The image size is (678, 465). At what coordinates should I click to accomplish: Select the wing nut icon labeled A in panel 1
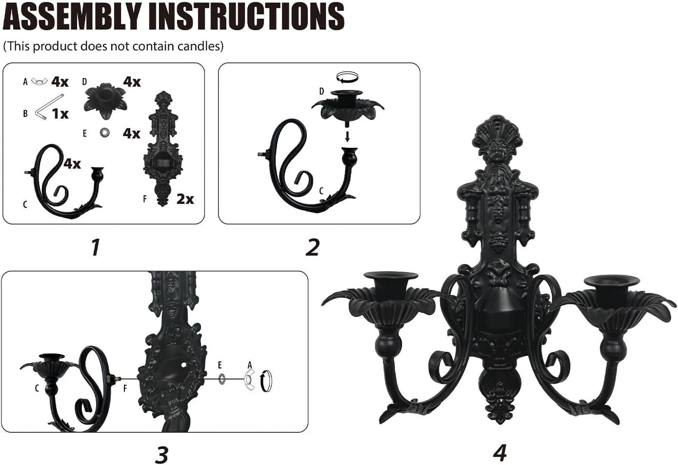[40, 81]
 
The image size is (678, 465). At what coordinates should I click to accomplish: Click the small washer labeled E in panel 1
[104, 133]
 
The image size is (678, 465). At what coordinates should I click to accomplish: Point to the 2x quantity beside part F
[185, 199]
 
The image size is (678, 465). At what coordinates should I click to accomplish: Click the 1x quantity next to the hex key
[60, 114]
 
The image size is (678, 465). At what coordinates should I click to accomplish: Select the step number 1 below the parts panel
[96, 247]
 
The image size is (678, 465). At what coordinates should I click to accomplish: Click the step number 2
[312, 247]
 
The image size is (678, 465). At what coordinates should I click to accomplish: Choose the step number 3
[161, 455]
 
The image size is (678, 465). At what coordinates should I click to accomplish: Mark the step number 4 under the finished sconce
[499, 452]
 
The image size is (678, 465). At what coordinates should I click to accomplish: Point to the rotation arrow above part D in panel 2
[347, 76]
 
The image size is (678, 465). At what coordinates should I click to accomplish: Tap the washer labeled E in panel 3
[222, 378]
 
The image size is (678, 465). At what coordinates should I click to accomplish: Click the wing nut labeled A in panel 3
[249, 380]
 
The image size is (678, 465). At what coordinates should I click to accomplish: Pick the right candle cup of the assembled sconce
[611, 286]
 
